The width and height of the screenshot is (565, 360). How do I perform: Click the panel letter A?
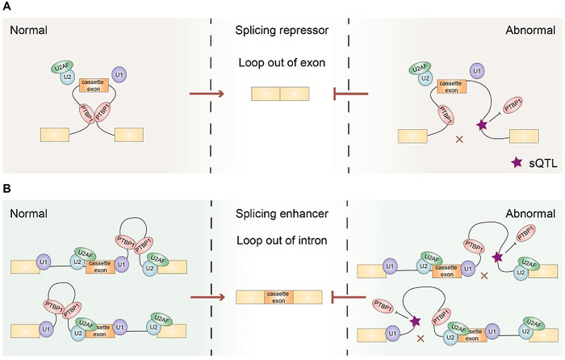[x=7, y=7]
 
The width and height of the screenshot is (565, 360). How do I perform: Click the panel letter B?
[x=7, y=188]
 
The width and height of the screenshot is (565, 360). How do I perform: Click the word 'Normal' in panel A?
[x=27, y=31]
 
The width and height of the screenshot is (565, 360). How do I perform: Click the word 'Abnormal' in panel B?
[x=528, y=216]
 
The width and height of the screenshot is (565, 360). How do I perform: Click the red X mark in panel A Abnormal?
[x=460, y=140]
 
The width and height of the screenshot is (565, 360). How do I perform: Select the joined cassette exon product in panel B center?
[x=279, y=297]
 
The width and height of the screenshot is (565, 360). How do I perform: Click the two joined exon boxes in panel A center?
[x=279, y=95]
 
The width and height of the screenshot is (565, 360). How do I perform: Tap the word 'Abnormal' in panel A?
[x=528, y=31]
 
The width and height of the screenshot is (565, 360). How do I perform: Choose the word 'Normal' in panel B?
[x=27, y=216]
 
